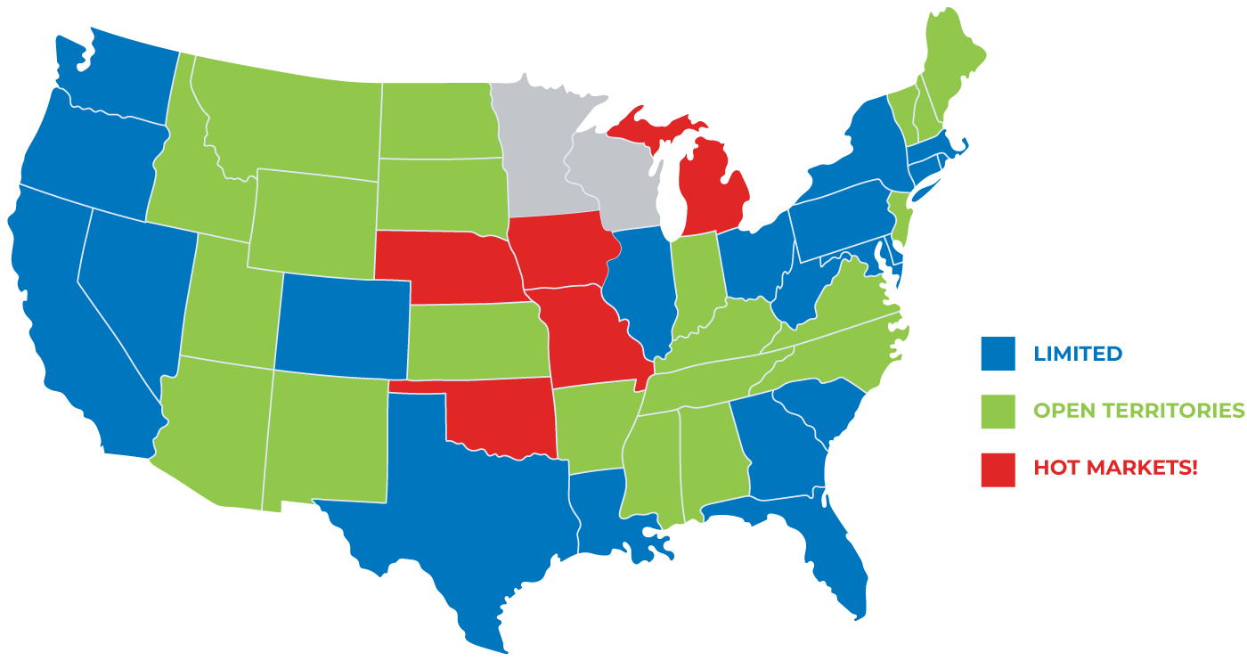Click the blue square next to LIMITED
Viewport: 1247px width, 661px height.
pos(998,353)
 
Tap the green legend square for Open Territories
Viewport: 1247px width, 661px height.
pos(998,411)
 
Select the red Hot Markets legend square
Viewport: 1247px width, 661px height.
pos(998,469)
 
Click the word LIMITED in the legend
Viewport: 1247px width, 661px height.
pos(1078,354)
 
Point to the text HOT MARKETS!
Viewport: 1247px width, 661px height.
pos(1115,467)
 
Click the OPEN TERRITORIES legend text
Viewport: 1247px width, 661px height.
pos(1138,411)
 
